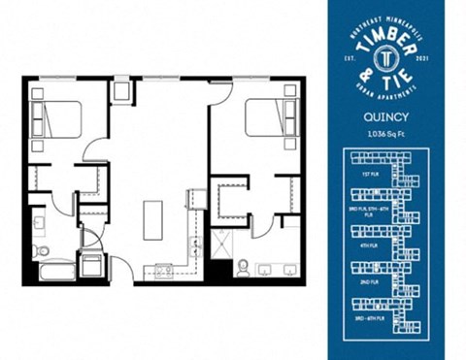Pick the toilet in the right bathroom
tap(240, 266)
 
